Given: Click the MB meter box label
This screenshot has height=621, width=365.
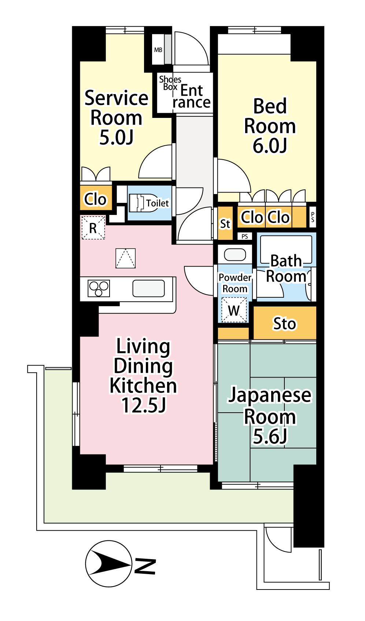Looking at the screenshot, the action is [158, 50].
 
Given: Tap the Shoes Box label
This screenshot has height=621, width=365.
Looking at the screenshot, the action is [170, 83].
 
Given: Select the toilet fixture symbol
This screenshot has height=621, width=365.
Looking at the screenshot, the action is [143, 203].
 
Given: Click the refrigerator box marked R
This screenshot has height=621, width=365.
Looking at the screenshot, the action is [93, 228].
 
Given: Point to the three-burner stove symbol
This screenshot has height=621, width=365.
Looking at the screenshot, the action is [99, 288].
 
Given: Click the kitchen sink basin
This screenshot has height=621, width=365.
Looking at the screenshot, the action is [148, 288].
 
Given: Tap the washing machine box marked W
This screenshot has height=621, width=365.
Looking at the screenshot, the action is [234, 310].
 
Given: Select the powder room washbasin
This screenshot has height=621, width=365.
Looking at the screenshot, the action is [235, 255].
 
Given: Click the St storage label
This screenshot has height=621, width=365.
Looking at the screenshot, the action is [225, 224].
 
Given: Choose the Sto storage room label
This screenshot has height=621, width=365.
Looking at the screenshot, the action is [284, 324].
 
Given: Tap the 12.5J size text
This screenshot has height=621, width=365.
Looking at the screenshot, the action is [144, 405].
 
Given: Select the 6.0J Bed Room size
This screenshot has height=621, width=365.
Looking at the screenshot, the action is [270, 146].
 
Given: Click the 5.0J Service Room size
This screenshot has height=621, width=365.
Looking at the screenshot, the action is [117, 138].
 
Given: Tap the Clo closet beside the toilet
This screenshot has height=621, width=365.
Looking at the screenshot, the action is [95, 199].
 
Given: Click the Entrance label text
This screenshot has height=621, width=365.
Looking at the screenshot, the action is [192, 96].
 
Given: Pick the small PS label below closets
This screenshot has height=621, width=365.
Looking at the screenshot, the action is [244, 237].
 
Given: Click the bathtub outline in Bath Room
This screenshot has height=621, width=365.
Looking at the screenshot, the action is [286, 249].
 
